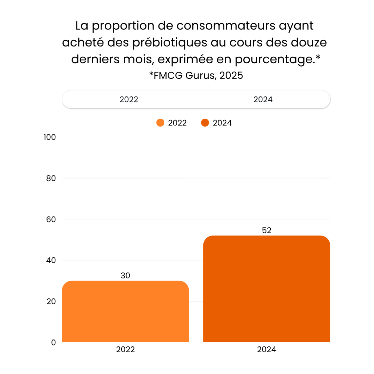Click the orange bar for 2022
[x=125, y=312]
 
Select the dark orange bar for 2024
[x=266, y=289]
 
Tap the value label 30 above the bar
[x=125, y=276]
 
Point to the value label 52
[x=266, y=230]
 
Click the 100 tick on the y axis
[x=50, y=137]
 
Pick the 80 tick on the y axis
[x=51, y=178]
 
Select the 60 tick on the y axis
[x=51, y=219]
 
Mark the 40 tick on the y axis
[x=51, y=260]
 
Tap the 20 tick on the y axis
[x=51, y=301]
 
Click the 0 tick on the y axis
[x=53, y=342]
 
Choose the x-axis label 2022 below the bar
[x=125, y=349]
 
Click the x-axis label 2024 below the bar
[x=266, y=349]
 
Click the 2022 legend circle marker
[x=160, y=123]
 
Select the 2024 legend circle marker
[x=205, y=123]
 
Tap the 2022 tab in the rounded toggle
[x=129, y=99]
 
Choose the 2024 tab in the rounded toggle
[x=263, y=99]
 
